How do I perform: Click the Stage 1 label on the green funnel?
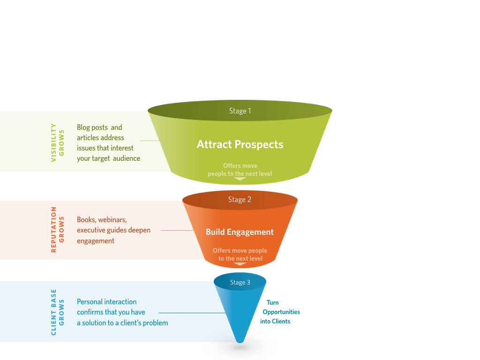[x=240, y=111]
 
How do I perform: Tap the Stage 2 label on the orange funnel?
[x=240, y=200]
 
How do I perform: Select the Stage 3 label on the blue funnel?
[x=240, y=283]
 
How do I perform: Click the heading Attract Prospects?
[x=240, y=144]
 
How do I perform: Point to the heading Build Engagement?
[x=240, y=232]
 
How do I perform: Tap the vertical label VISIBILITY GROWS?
[x=58, y=142]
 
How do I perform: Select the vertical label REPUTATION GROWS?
[x=58, y=230]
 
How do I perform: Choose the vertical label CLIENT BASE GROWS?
[x=58, y=312]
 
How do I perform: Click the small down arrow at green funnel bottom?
[x=240, y=179]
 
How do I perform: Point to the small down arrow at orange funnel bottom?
[x=240, y=264]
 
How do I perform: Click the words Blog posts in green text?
[x=92, y=127]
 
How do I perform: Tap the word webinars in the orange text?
[x=112, y=220]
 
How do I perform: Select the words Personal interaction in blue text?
[x=107, y=302]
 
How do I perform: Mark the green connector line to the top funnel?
[x=150, y=141]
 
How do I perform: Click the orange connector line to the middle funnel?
[x=177, y=230]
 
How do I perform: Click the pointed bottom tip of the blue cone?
[x=240, y=341]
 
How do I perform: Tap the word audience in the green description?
[x=127, y=158]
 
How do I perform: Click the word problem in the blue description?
[x=155, y=323]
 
